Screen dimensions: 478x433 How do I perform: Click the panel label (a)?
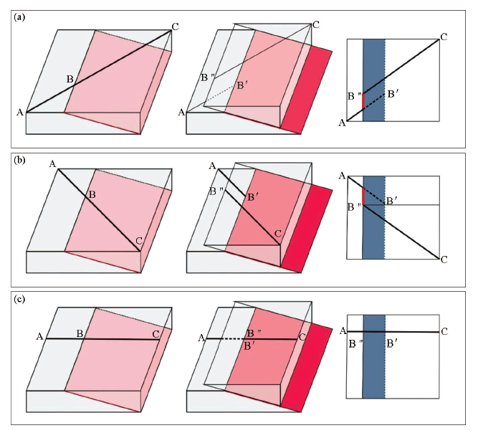pos(19,17)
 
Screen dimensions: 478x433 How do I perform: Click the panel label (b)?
pos(19,159)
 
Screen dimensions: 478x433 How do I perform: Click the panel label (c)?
pos(19,299)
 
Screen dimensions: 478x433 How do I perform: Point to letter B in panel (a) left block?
pos(70,80)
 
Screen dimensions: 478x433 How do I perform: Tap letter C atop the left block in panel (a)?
pos(176,27)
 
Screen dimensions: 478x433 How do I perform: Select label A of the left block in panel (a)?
pos(20,113)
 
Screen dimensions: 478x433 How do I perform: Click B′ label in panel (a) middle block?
pos(240,86)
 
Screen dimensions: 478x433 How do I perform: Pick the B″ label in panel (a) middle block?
pos(206,77)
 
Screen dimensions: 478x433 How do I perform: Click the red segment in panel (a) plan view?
pos(363,100)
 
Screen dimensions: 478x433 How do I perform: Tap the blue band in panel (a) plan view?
pos(374,80)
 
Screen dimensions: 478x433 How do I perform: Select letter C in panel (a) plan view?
pos(444,37)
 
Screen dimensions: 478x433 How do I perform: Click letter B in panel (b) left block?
pos(92,194)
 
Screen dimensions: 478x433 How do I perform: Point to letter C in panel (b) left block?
pos(139,241)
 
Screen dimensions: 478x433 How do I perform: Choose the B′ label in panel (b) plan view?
pos(392,201)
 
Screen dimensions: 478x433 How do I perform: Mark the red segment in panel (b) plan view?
pos(363,196)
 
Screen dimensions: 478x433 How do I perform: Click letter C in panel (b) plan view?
pos(444,260)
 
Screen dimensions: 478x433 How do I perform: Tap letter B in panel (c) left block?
pos(80,333)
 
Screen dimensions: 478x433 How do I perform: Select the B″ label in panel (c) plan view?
pos(356,344)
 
